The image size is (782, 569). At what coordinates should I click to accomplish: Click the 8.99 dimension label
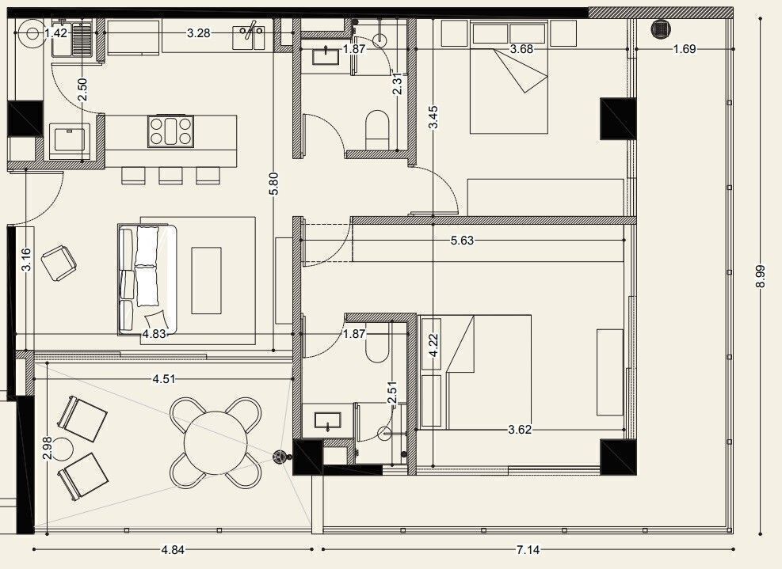click(x=760, y=276)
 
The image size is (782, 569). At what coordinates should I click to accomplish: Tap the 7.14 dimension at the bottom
click(x=528, y=549)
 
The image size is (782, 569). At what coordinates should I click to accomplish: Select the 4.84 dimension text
click(x=173, y=549)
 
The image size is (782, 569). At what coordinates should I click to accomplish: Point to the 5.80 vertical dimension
click(x=273, y=184)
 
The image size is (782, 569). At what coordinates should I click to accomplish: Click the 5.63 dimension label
click(x=462, y=241)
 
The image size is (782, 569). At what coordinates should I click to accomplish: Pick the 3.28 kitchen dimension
click(x=199, y=33)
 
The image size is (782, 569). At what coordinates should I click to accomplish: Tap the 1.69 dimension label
click(x=685, y=49)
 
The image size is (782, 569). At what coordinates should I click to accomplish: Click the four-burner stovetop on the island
click(x=170, y=131)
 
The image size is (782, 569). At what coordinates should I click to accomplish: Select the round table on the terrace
click(x=216, y=442)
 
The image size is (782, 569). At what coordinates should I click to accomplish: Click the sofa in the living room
click(x=147, y=279)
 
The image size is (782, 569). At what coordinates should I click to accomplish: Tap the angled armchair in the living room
click(x=59, y=263)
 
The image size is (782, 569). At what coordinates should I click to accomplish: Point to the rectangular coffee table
click(x=207, y=280)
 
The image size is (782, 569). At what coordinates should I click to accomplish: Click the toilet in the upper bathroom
click(x=377, y=130)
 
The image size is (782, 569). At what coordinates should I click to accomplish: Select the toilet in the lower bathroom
click(x=377, y=347)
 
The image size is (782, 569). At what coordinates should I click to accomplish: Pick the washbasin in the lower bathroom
click(x=328, y=422)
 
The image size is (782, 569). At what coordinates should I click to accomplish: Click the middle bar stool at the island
click(x=170, y=176)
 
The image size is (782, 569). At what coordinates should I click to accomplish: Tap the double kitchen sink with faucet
click(x=249, y=37)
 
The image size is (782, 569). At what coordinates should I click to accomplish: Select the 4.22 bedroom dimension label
click(x=433, y=345)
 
